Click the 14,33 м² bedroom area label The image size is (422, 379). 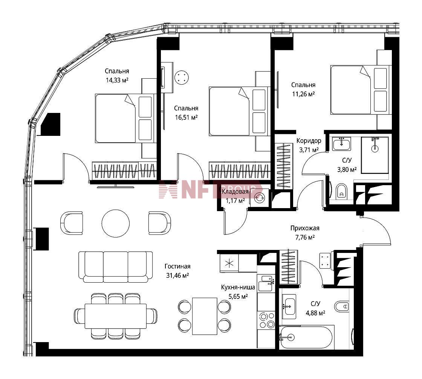click(117, 80)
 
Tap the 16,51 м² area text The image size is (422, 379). click(186, 117)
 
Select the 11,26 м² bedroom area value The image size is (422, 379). click(303, 94)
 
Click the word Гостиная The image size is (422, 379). click(177, 266)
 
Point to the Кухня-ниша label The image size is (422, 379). click(238, 287)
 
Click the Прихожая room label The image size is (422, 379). click(305, 228)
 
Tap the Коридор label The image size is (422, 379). click(309, 141)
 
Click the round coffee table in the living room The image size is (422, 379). click(116, 223)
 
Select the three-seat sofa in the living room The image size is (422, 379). click(116, 267)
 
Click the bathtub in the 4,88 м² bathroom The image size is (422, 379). click(307, 337)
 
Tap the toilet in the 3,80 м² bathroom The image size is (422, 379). click(341, 191)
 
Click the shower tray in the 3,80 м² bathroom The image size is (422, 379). click(375, 155)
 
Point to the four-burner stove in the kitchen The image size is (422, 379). click(266, 320)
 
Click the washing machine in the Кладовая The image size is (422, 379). click(260, 198)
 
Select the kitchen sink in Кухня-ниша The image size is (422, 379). click(266, 283)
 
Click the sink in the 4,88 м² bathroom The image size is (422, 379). click(289, 306)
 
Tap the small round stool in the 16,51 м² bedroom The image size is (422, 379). click(181, 78)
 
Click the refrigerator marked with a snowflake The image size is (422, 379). click(229, 263)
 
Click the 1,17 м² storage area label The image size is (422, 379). click(235, 201)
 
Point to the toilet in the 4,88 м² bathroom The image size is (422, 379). click(342, 306)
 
